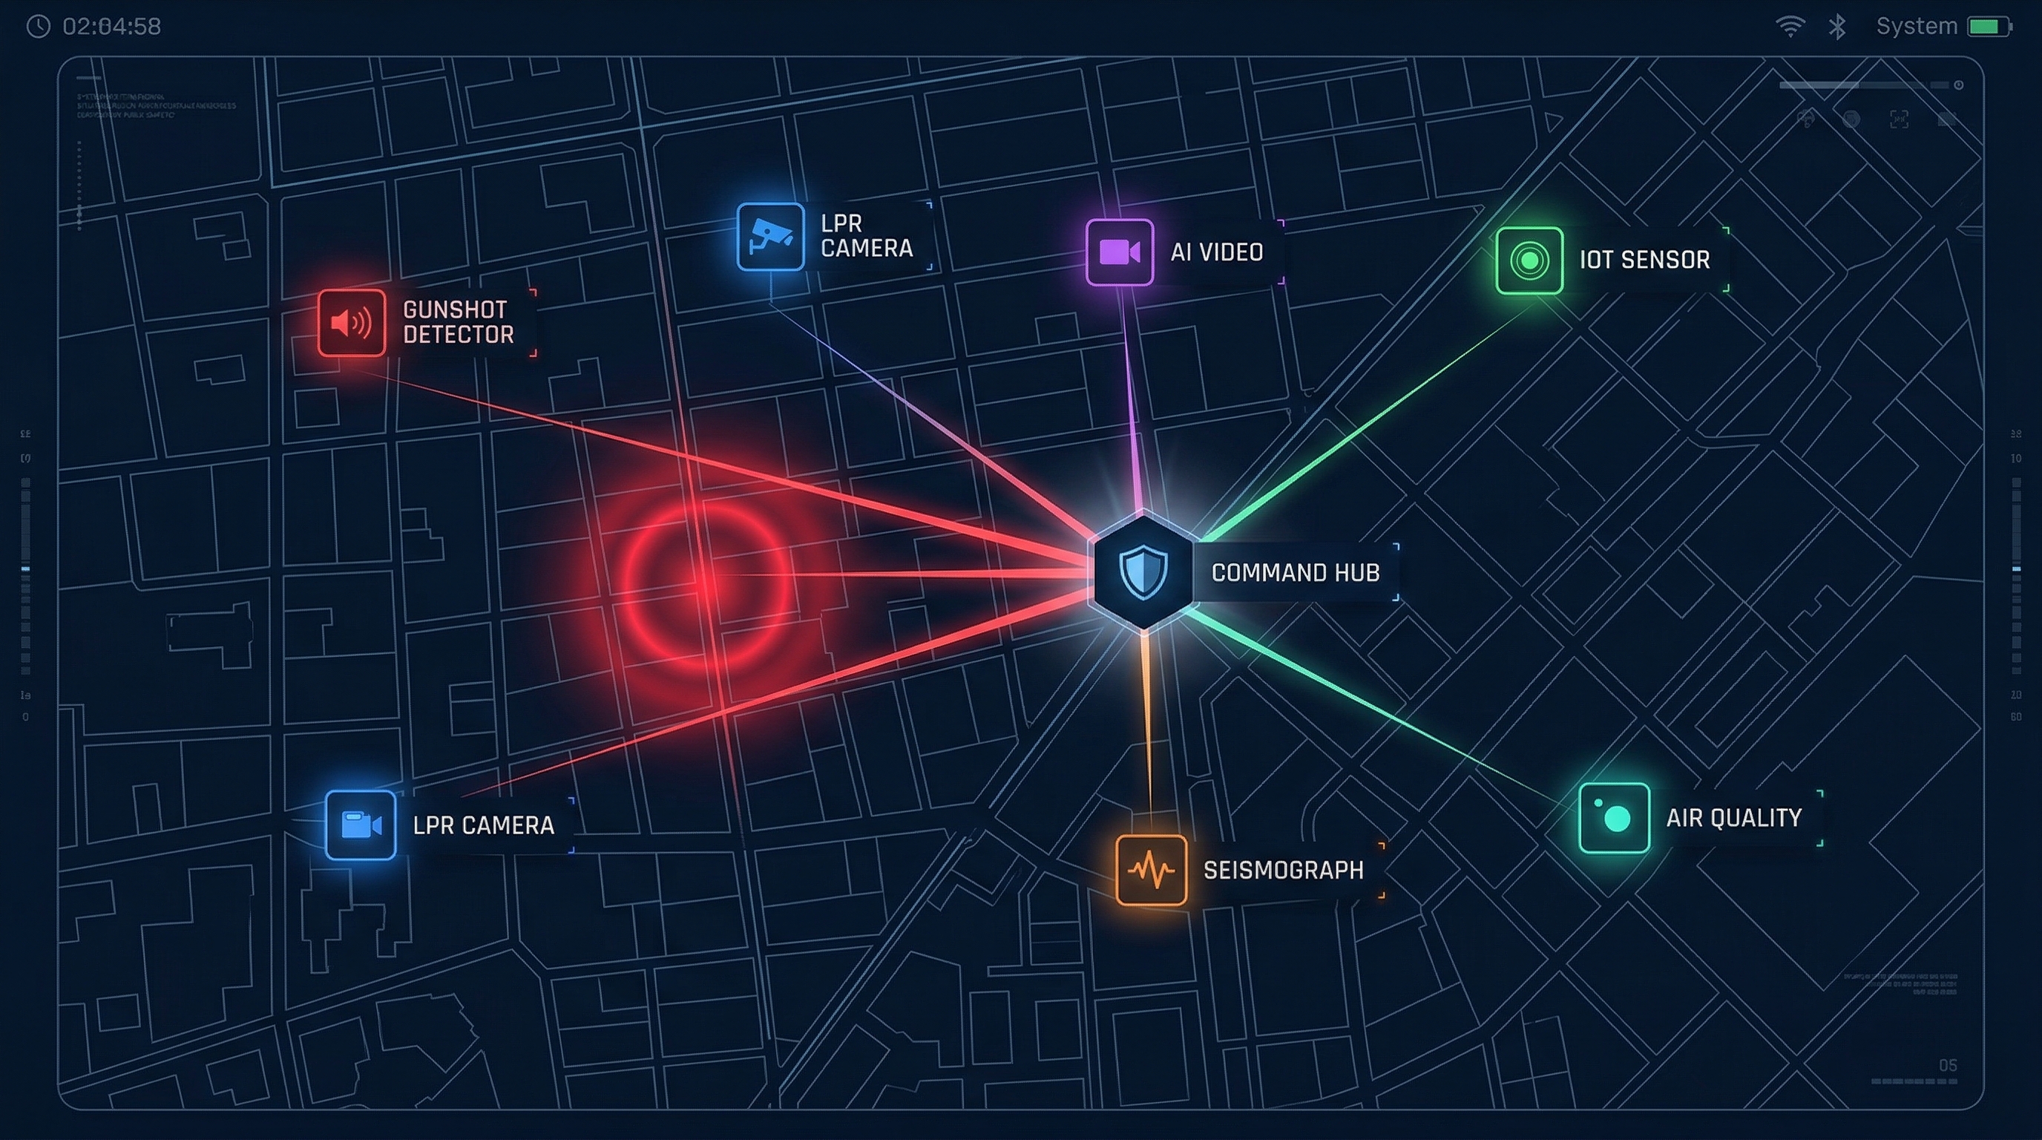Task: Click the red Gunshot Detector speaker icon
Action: point(351,323)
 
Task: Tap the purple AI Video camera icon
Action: point(1119,252)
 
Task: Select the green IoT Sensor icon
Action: point(1529,260)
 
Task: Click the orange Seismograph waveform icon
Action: point(1151,870)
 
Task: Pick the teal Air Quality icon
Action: point(1614,817)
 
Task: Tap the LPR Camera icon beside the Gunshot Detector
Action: point(770,236)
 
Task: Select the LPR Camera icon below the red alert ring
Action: point(361,825)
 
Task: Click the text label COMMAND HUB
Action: point(1296,572)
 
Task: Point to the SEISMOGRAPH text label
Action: point(1284,871)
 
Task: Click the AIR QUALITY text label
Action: point(1733,818)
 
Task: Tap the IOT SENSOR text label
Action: point(1644,260)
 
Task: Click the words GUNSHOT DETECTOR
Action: point(457,322)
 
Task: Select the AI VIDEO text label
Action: point(1217,252)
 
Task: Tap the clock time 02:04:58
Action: point(111,27)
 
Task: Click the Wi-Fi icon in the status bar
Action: point(1790,27)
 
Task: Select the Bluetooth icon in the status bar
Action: point(1836,27)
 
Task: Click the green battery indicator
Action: point(1989,27)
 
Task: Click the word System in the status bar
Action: point(1916,27)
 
